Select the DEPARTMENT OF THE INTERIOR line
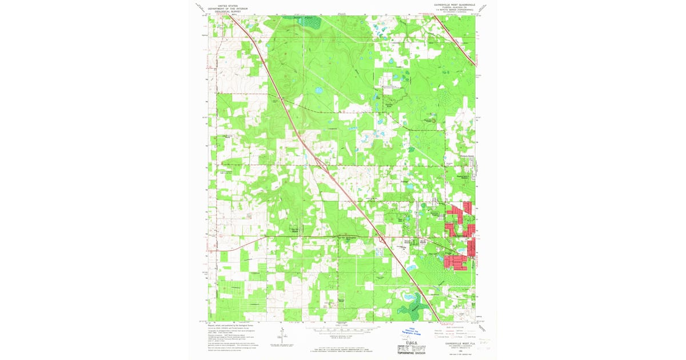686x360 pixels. (228, 6)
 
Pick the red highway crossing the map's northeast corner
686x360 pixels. (454, 37)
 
